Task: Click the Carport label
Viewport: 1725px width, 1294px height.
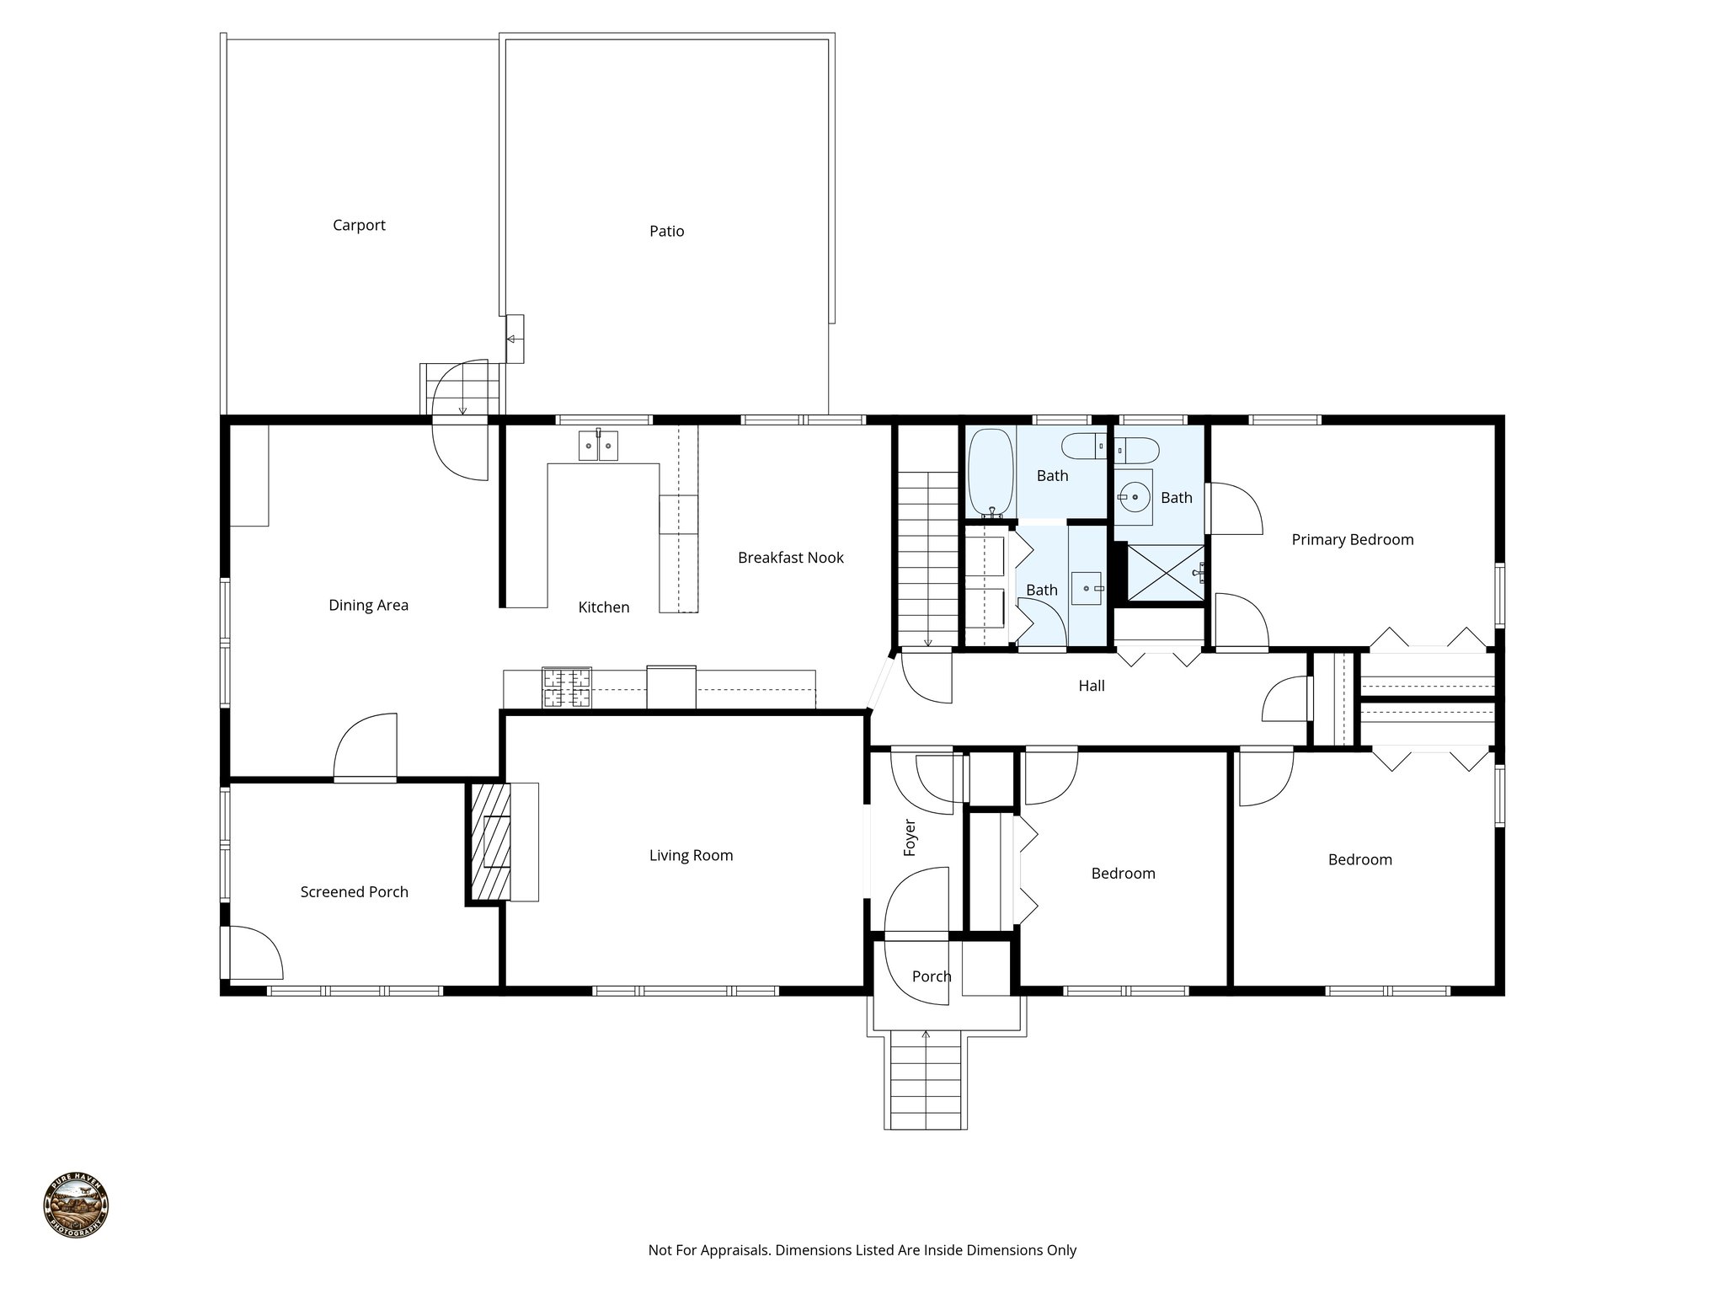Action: click(x=359, y=225)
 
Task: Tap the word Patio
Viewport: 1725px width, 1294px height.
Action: click(x=666, y=231)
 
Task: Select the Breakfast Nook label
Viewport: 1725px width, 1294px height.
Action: click(x=790, y=558)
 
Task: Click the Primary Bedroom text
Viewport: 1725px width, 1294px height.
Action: click(x=1352, y=540)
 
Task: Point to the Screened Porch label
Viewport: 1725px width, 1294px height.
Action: click(x=354, y=892)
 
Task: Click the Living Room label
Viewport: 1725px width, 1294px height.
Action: click(x=691, y=856)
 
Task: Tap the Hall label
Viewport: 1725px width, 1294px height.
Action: click(x=1091, y=686)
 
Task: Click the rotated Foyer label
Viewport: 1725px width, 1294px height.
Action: click(x=910, y=837)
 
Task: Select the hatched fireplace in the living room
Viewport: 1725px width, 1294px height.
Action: click(x=489, y=842)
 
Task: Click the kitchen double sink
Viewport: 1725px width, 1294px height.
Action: click(x=598, y=445)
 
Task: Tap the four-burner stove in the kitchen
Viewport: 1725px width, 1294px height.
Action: click(x=566, y=687)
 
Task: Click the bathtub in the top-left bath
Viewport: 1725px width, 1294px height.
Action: click(x=991, y=472)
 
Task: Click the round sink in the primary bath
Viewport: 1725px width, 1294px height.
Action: click(x=1134, y=497)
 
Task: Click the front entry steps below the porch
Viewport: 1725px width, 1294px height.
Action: click(x=926, y=1083)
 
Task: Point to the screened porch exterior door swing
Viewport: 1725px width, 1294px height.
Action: click(x=252, y=952)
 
